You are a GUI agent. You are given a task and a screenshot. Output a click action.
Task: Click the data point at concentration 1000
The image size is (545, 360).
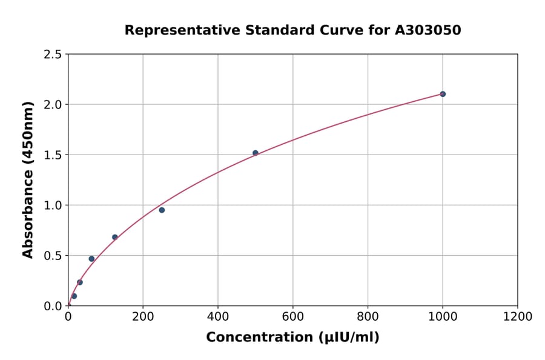443,94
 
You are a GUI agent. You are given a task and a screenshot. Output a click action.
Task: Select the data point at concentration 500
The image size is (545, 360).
255,153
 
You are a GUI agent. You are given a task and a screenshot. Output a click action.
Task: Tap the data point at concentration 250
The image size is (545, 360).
162,210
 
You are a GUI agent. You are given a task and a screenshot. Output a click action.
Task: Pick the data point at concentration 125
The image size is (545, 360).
115,237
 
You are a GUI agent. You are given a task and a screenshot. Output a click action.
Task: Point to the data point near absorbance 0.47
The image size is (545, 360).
91,259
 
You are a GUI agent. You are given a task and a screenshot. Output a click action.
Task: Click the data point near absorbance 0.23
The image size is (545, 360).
80,282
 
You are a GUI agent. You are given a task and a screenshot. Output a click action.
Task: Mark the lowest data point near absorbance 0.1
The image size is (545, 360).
74,296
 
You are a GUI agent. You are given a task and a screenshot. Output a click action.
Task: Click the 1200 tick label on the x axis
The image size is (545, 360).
517,317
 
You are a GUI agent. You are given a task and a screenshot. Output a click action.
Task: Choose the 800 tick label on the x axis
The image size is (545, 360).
368,317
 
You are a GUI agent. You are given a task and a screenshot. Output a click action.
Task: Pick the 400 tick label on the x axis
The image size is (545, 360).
218,317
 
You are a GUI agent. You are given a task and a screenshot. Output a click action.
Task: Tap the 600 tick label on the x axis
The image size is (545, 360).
292,317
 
